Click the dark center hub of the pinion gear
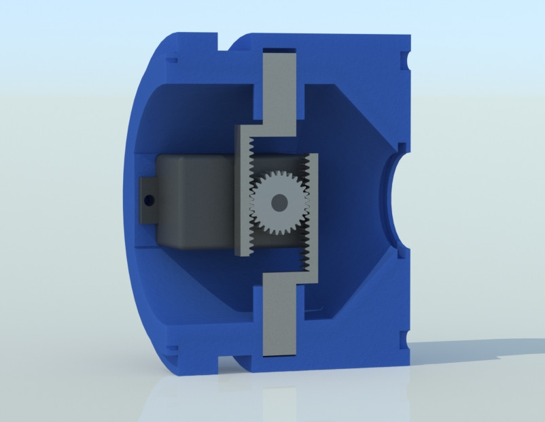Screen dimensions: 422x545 click(278, 202)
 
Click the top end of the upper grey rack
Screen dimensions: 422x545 click(279, 54)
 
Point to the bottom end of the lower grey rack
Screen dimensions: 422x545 click(279, 351)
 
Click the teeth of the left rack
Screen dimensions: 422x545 click(249, 197)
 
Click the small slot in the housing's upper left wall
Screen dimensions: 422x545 click(170, 60)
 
